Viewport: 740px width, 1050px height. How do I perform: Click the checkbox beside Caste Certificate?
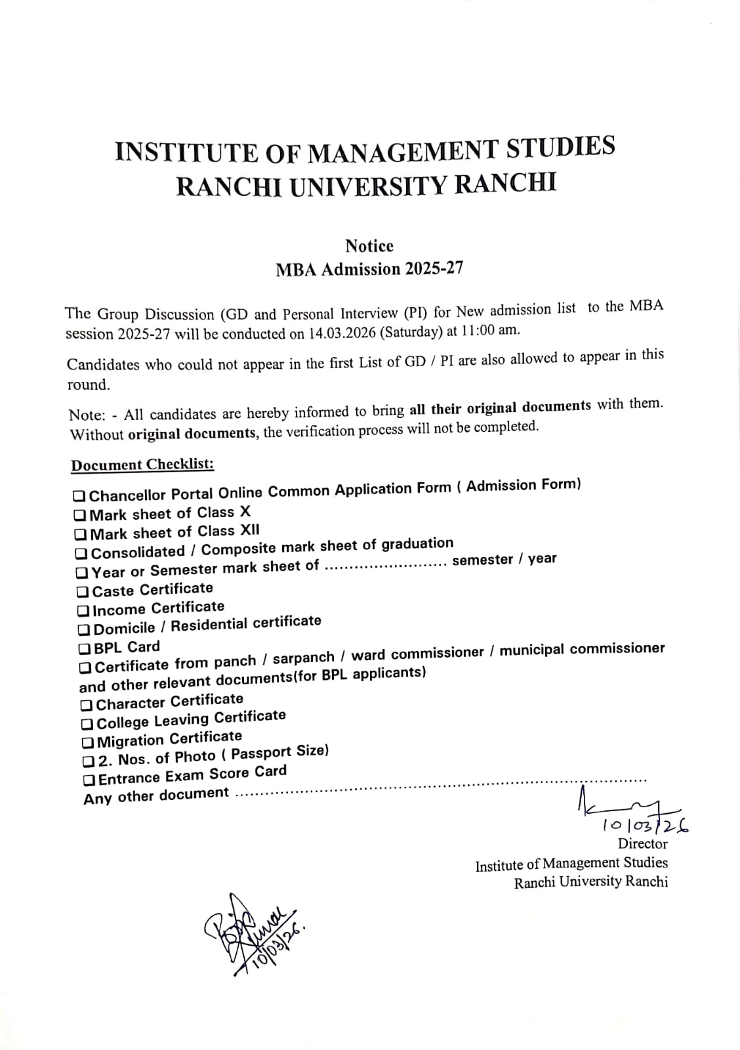point(83,592)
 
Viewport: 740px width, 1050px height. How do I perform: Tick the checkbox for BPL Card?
point(85,649)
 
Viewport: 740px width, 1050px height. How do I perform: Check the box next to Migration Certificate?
point(88,743)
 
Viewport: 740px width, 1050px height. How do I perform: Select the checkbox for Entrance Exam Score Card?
point(89,780)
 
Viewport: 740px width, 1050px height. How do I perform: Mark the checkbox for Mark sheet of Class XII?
point(81,534)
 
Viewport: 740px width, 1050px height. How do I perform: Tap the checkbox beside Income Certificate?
point(83,611)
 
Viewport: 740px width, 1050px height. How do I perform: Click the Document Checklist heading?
point(142,465)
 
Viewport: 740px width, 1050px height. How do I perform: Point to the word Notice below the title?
point(369,246)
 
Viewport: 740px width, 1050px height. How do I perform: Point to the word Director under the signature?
point(642,844)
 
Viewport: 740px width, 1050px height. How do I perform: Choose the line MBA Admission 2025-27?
point(369,269)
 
